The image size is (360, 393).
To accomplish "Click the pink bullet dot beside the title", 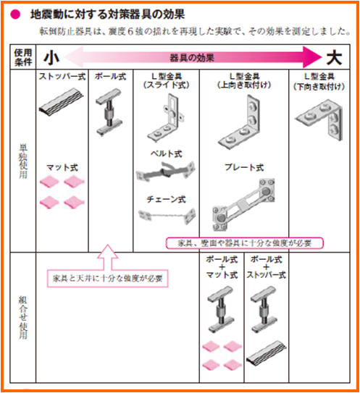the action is pos(15,14).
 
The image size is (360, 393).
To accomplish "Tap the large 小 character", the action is pos(51,58).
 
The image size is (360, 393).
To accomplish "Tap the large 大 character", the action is pos(334,58).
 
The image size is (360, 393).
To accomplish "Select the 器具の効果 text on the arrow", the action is pos(192,58).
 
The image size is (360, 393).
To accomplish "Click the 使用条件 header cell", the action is pos(23,57).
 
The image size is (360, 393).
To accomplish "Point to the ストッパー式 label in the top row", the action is pos(62,77).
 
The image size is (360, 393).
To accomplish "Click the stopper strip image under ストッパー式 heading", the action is pos(62,102).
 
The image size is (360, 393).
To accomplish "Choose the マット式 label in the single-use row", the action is pos(62,167).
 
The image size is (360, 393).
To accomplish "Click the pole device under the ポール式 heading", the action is pos(109,112).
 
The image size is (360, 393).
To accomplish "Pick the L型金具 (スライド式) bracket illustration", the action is pos(166,118).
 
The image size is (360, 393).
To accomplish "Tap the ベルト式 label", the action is pos(166,153).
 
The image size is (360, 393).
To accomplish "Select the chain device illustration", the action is pos(167,216).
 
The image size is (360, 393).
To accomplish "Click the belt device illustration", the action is pos(166,172).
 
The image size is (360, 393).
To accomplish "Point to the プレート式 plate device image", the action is pos(243,205).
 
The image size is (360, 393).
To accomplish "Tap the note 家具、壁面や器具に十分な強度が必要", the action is pos(245,243).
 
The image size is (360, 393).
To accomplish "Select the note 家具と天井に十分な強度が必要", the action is pos(108,279).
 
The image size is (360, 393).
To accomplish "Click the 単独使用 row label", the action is pos(23,161).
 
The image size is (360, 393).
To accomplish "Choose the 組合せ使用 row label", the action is pos(23,317).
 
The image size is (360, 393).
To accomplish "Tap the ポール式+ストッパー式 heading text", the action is pos(266,267).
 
